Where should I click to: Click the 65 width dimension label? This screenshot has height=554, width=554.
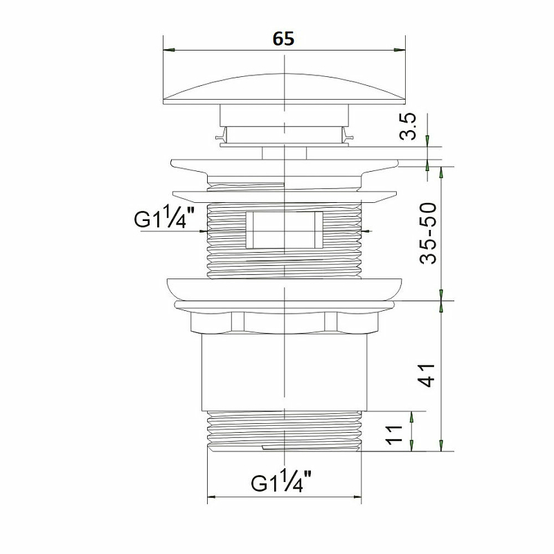click(x=283, y=39)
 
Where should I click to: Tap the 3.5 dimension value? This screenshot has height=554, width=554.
click(x=409, y=127)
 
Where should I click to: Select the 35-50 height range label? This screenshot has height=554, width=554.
click(x=428, y=233)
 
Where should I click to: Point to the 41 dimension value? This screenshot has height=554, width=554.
click(x=426, y=375)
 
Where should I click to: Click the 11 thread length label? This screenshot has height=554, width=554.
click(x=394, y=435)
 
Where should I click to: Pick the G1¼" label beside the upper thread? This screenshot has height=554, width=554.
click(x=164, y=217)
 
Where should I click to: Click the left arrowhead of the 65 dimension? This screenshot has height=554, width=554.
click(x=169, y=50)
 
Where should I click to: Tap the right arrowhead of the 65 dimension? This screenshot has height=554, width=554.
click(x=400, y=50)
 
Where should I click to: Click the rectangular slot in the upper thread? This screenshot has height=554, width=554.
click(x=285, y=230)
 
